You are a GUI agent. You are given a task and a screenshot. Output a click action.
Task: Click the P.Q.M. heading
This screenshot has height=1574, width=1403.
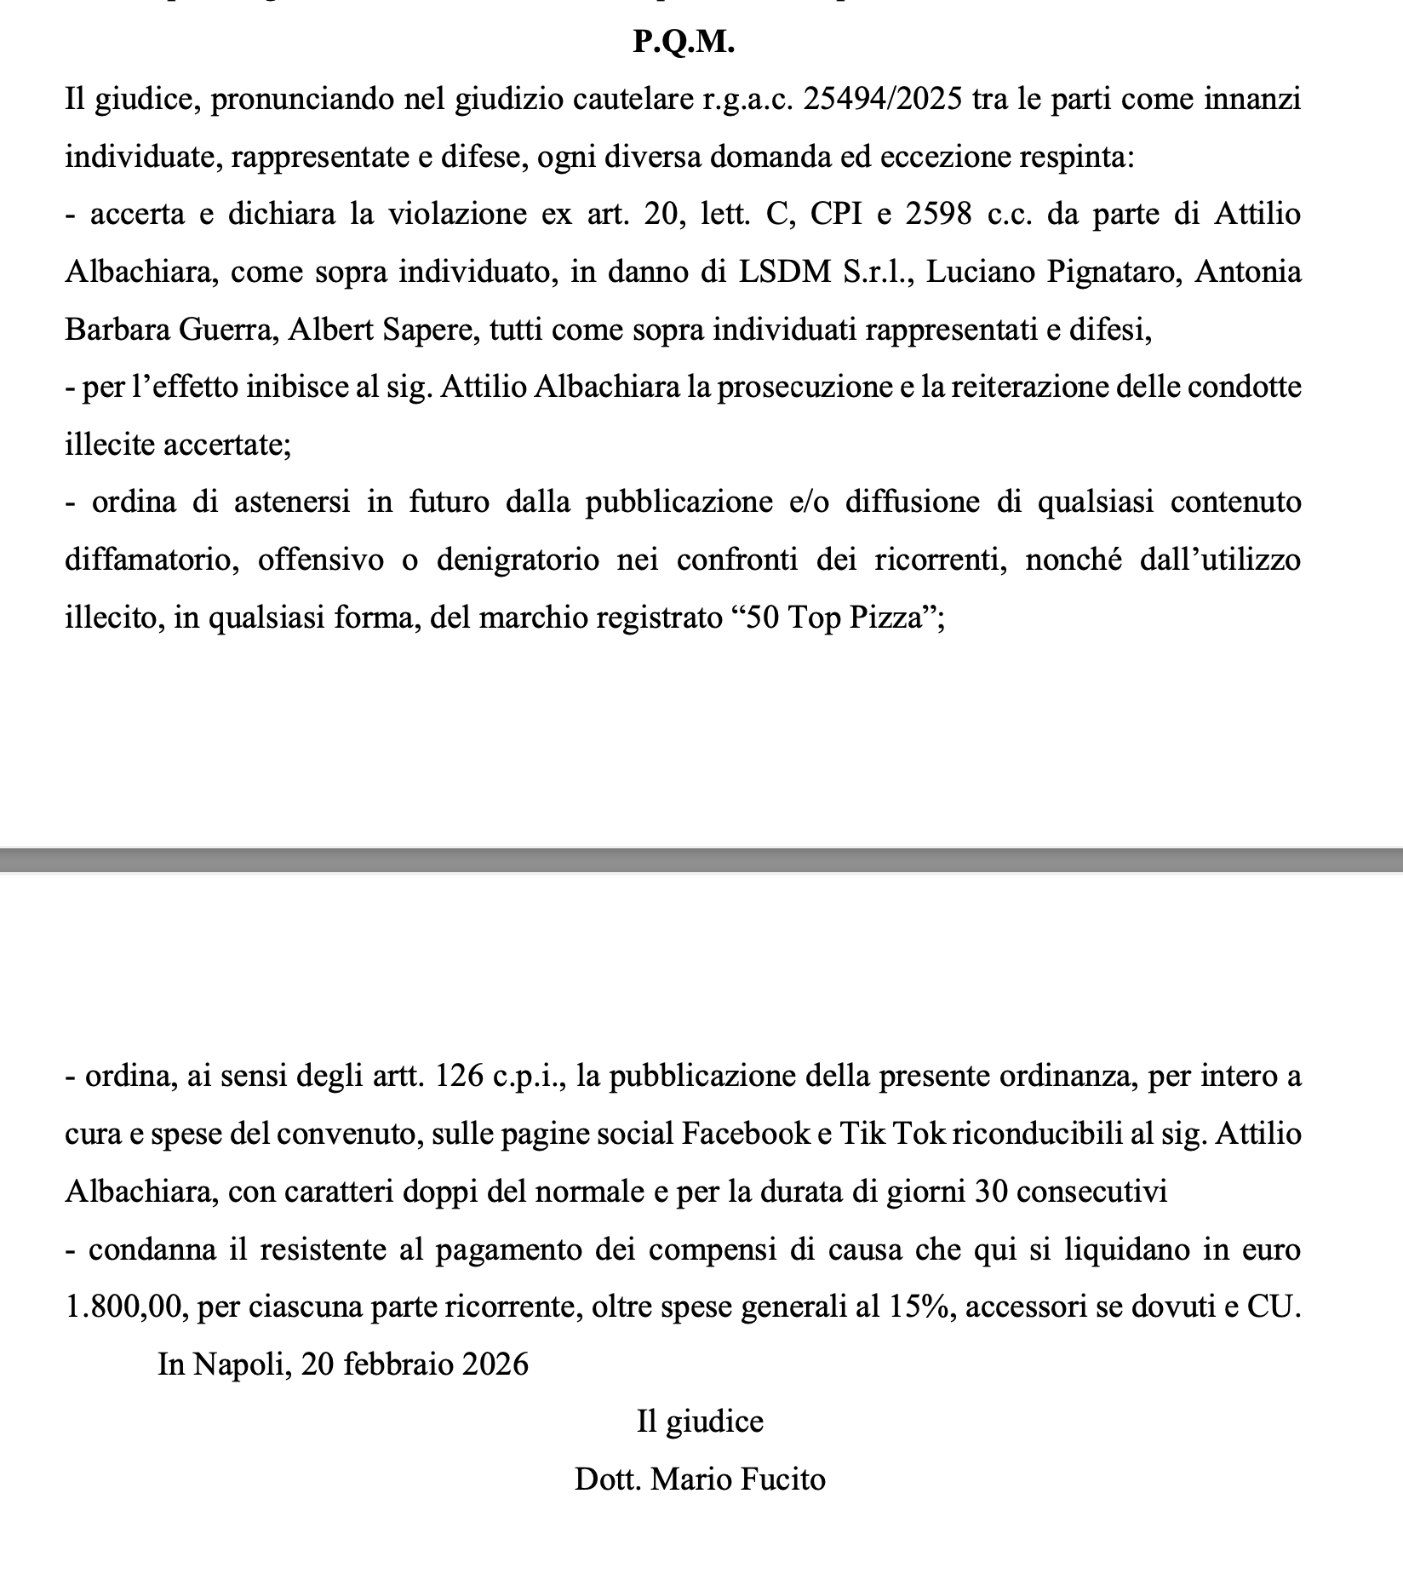684,42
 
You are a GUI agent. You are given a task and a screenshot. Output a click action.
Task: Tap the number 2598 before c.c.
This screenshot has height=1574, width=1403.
938,214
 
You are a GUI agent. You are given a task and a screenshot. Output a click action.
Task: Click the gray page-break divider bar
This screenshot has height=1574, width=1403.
701,859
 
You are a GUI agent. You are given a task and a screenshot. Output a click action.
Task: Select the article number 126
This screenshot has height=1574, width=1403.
460,1077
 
